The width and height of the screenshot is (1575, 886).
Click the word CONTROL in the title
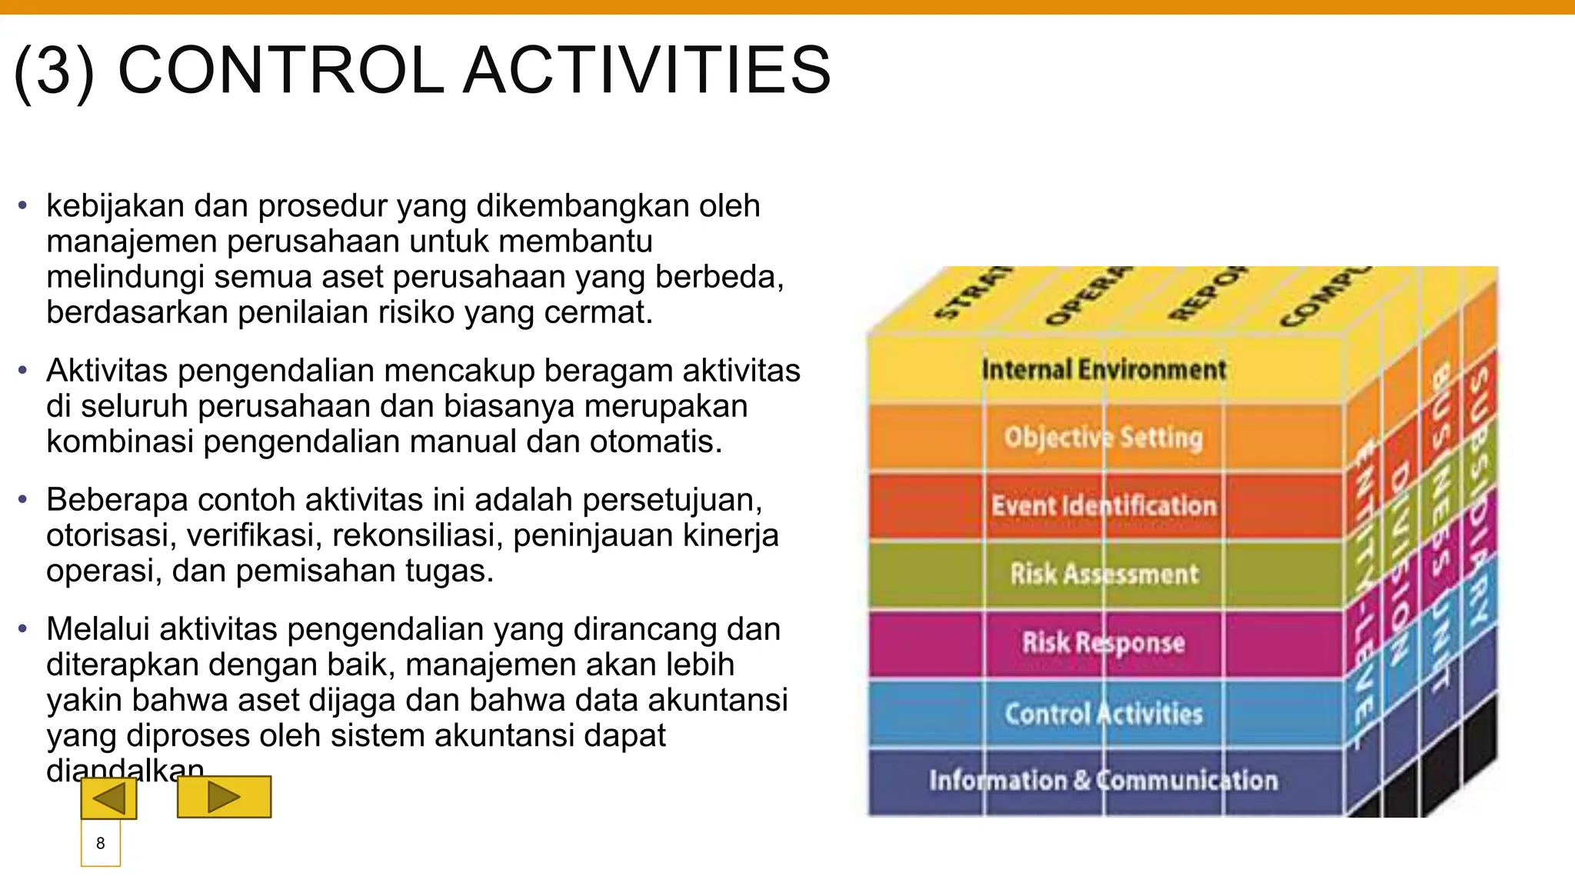(281, 70)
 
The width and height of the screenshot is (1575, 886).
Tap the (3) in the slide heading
(54, 70)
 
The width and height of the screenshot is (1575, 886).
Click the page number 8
(100, 844)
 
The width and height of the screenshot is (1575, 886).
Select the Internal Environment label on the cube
(1104, 370)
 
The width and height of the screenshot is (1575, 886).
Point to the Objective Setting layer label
(1104, 438)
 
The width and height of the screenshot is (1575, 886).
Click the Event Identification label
(1104, 506)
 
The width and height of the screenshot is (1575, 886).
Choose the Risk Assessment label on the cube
(1104, 574)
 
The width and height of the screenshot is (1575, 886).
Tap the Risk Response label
(1104, 642)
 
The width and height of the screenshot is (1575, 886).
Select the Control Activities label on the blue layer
(1104, 714)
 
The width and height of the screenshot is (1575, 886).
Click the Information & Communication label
(1104, 781)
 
